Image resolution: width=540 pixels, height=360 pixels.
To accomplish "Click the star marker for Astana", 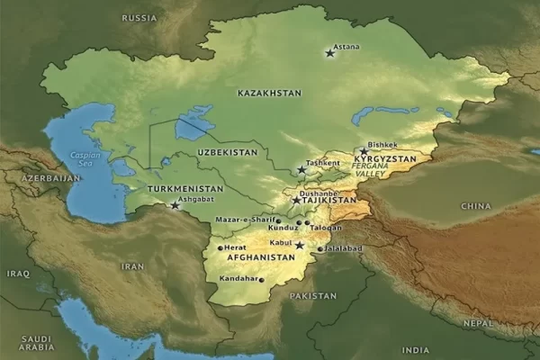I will pos(329,54).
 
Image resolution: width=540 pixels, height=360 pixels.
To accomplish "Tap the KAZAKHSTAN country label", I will pos(269,93).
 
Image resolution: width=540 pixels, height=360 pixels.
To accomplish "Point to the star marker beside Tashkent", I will pos(301,169).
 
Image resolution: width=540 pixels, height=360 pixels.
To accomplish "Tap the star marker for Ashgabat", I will pos(175,206).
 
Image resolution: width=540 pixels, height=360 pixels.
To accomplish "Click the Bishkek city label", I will pos(382,145).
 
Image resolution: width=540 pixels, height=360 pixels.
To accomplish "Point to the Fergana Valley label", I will pos(370,171).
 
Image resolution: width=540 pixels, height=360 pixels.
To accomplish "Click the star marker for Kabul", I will pos(299,244).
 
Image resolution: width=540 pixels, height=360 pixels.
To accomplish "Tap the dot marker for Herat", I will pos(220,247).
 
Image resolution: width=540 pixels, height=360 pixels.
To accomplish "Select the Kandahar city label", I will pos(238,278).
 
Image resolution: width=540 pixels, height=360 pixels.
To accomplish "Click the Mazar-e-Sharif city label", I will pos(244,220).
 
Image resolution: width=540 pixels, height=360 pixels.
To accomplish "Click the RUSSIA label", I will pos(139,17).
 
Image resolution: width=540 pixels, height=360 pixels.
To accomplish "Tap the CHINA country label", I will pos(475,206).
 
